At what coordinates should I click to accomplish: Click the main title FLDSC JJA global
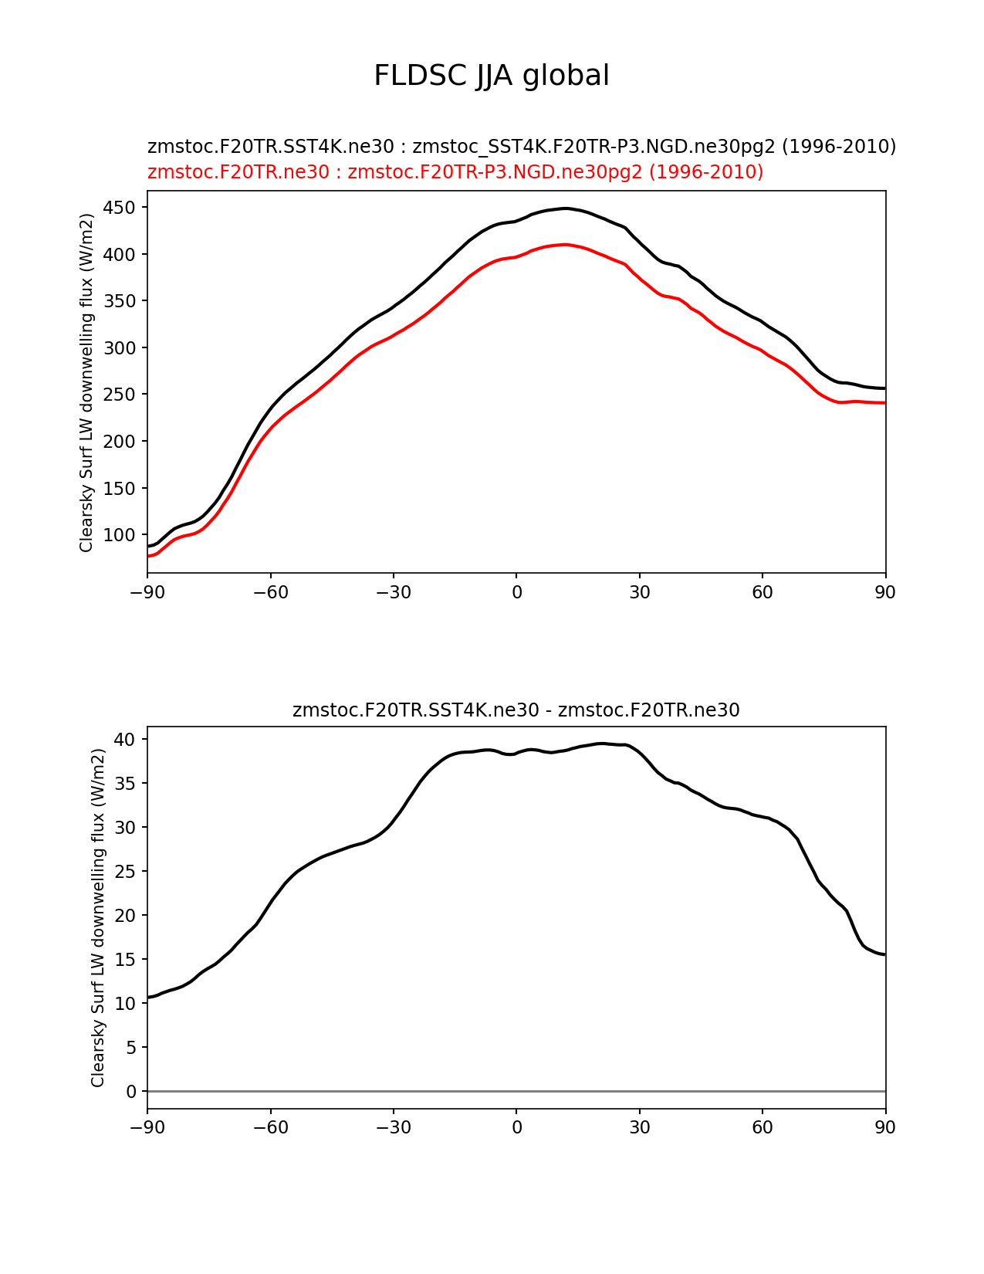tap(492, 76)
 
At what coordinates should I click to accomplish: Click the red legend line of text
tap(455, 172)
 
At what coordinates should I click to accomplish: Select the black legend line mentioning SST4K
tap(522, 147)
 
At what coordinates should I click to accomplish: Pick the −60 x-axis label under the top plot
tap(270, 592)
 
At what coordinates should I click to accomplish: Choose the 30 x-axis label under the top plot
tap(639, 592)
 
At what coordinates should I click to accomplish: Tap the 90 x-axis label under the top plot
tap(885, 592)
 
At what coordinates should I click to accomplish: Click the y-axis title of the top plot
tap(86, 382)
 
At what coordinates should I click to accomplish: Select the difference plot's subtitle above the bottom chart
tap(516, 710)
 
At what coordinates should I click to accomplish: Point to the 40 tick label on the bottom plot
tap(126, 740)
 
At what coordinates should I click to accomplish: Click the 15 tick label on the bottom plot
tap(126, 960)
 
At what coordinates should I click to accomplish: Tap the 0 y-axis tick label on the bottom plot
tap(130, 1092)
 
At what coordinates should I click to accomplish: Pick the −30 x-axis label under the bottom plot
tap(393, 1128)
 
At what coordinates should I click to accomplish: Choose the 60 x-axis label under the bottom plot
tap(762, 1128)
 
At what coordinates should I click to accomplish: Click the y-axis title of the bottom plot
tap(98, 917)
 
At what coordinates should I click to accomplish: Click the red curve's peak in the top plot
tap(566, 245)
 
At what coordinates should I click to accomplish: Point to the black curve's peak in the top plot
tap(566, 208)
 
